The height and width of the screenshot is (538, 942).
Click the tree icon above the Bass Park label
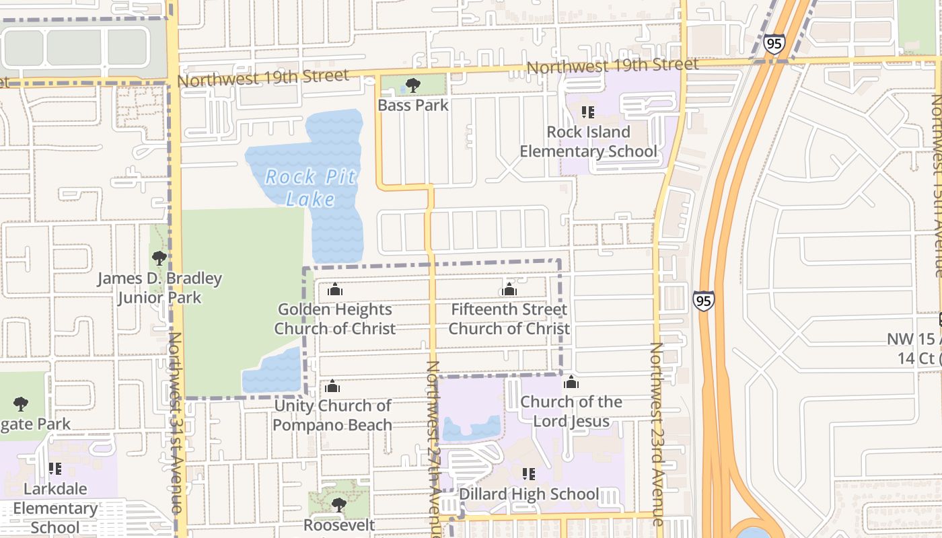(x=413, y=85)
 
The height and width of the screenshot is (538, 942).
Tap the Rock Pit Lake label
(x=310, y=188)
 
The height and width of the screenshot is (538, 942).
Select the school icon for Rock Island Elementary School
(x=588, y=112)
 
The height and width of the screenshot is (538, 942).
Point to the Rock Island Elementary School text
(x=588, y=141)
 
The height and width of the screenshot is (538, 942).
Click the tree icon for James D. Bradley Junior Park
(x=159, y=258)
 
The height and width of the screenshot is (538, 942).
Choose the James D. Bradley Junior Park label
(x=159, y=288)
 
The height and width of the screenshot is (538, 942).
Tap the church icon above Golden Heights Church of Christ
(x=334, y=290)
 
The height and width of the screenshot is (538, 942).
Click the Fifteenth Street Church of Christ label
(x=509, y=319)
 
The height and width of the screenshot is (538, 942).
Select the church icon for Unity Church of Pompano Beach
(x=332, y=387)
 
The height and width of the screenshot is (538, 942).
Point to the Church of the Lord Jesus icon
(x=571, y=383)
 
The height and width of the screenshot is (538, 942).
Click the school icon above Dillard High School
(x=529, y=474)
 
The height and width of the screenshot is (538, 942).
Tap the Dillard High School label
(x=529, y=494)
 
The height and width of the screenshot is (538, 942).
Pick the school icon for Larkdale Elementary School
(x=55, y=469)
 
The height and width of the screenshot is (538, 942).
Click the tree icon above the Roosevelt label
(x=338, y=504)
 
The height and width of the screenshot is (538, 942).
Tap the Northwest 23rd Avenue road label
(x=657, y=434)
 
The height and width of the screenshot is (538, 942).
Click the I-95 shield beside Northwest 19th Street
(x=774, y=44)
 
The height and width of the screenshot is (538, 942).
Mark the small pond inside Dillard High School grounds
(x=472, y=427)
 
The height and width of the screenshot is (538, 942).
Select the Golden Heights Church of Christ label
(x=334, y=319)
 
